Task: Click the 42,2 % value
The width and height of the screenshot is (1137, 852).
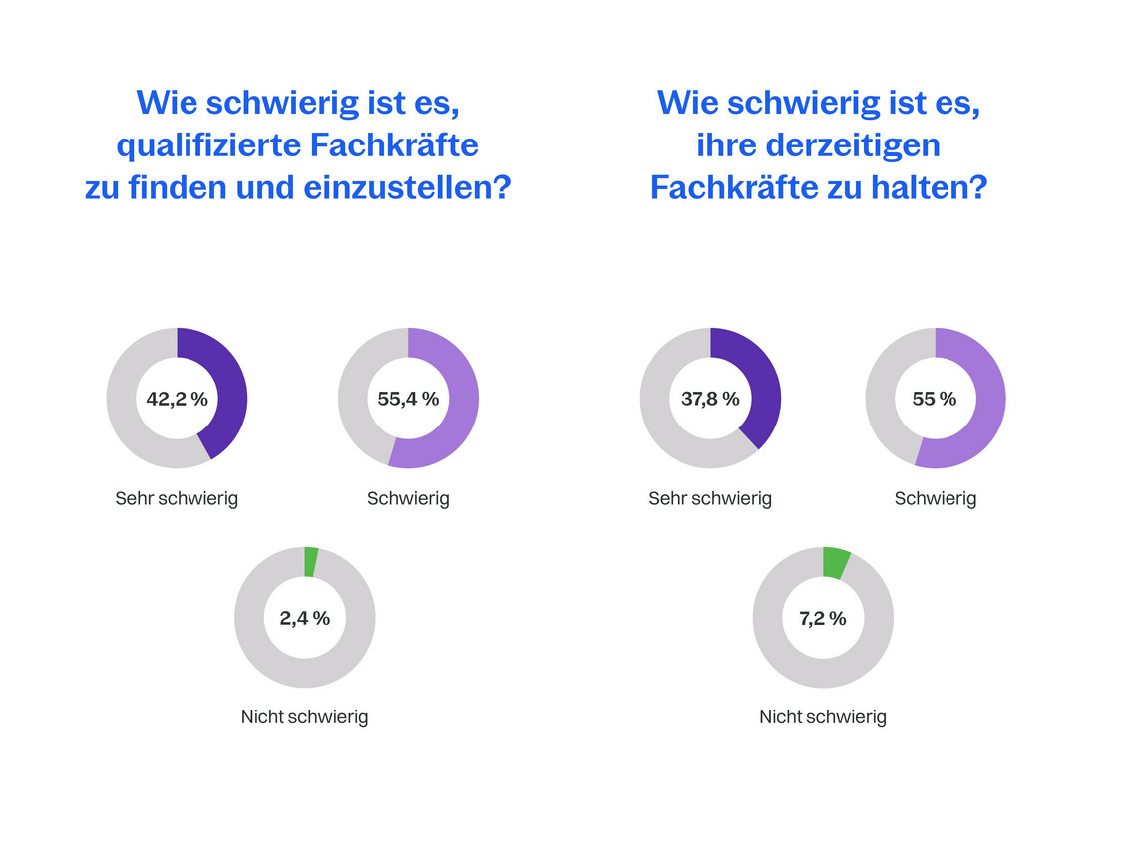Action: tap(177, 399)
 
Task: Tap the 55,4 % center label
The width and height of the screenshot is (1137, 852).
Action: tap(408, 399)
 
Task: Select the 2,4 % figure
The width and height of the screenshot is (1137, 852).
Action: tap(304, 618)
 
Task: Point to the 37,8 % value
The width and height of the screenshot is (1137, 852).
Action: tap(710, 399)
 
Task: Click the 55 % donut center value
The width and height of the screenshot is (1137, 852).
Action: tap(935, 399)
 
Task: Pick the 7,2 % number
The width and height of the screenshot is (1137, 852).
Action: tap(822, 618)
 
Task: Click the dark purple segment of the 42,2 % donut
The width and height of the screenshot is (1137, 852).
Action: tap(228, 389)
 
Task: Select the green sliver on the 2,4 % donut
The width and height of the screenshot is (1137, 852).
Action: tap(311, 562)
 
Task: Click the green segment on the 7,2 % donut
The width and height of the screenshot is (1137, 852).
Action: tap(836, 563)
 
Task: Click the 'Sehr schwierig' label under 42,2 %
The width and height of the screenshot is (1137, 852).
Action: tap(177, 498)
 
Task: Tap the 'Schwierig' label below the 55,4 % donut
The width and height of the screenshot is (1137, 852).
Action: tap(408, 498)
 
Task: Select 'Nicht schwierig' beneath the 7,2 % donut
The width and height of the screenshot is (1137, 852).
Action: tap(822, 717)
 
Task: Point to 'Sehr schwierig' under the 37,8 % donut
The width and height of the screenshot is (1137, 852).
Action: tap(710, 498)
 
